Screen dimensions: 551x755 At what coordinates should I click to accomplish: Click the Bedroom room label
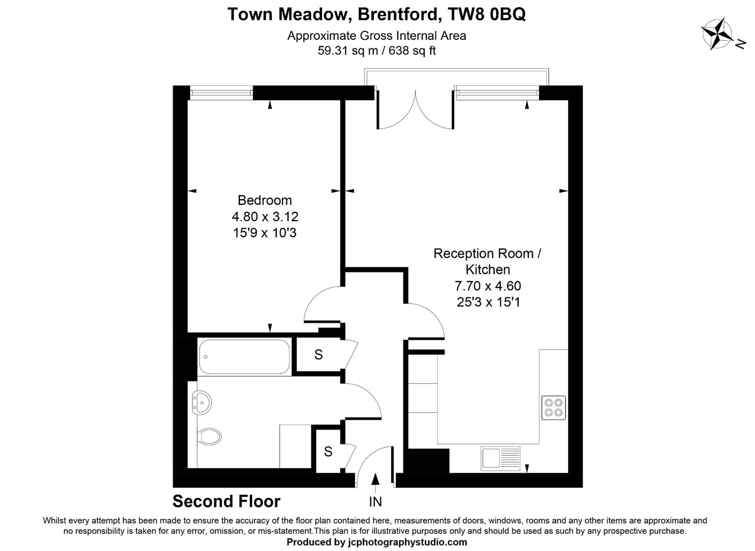(264, 200)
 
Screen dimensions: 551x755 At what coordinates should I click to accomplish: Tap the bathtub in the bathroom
(244, 357)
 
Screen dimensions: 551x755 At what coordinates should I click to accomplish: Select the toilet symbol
(210, 436)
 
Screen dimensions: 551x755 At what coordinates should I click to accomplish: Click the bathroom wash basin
(201, 403)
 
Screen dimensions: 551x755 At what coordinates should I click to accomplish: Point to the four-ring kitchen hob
(553, 407)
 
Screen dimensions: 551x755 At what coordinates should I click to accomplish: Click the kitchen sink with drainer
(500, 458)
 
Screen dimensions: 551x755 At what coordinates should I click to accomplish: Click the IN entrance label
(375, 502)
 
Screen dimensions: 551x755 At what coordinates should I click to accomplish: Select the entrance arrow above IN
(375, 480)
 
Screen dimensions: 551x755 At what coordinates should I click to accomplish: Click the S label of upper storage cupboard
(319, 355)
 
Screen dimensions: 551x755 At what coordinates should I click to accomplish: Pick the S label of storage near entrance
(328, 452)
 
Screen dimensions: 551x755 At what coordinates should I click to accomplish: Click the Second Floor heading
(226, 502)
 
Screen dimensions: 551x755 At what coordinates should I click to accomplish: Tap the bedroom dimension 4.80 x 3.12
(264, 217)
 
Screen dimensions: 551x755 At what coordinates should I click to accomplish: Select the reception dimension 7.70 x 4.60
(488, 286)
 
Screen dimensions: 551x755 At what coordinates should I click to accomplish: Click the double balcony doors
(416, 110)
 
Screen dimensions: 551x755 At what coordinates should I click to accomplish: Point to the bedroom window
(221, 93)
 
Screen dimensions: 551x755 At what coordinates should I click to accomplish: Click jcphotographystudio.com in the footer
(407, 542)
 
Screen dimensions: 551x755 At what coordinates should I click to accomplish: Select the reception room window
(497, 93)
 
